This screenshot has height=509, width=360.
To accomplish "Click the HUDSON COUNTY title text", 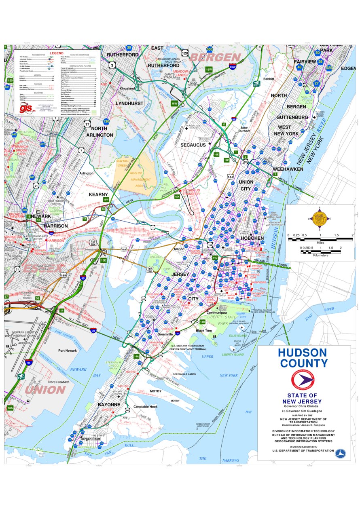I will point(302,357).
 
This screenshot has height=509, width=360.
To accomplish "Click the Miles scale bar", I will point(320,239).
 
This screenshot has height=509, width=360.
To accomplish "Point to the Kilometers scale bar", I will point(320,251).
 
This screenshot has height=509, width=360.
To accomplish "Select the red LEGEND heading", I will point(57,53).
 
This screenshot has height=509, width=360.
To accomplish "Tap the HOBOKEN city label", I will point(252,238).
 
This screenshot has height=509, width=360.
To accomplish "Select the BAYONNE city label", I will point(109,404).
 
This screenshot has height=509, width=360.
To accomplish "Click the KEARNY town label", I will point(98,194).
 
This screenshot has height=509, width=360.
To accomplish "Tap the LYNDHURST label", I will point(129,103).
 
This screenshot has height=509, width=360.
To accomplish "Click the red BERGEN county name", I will point(215,57).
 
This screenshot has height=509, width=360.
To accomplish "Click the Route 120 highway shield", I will point(185,53).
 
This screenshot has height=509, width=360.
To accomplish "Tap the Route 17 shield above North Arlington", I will point(87,124).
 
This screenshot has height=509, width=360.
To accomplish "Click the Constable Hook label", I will point(146,406).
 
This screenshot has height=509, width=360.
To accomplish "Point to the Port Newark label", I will point(68,351).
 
